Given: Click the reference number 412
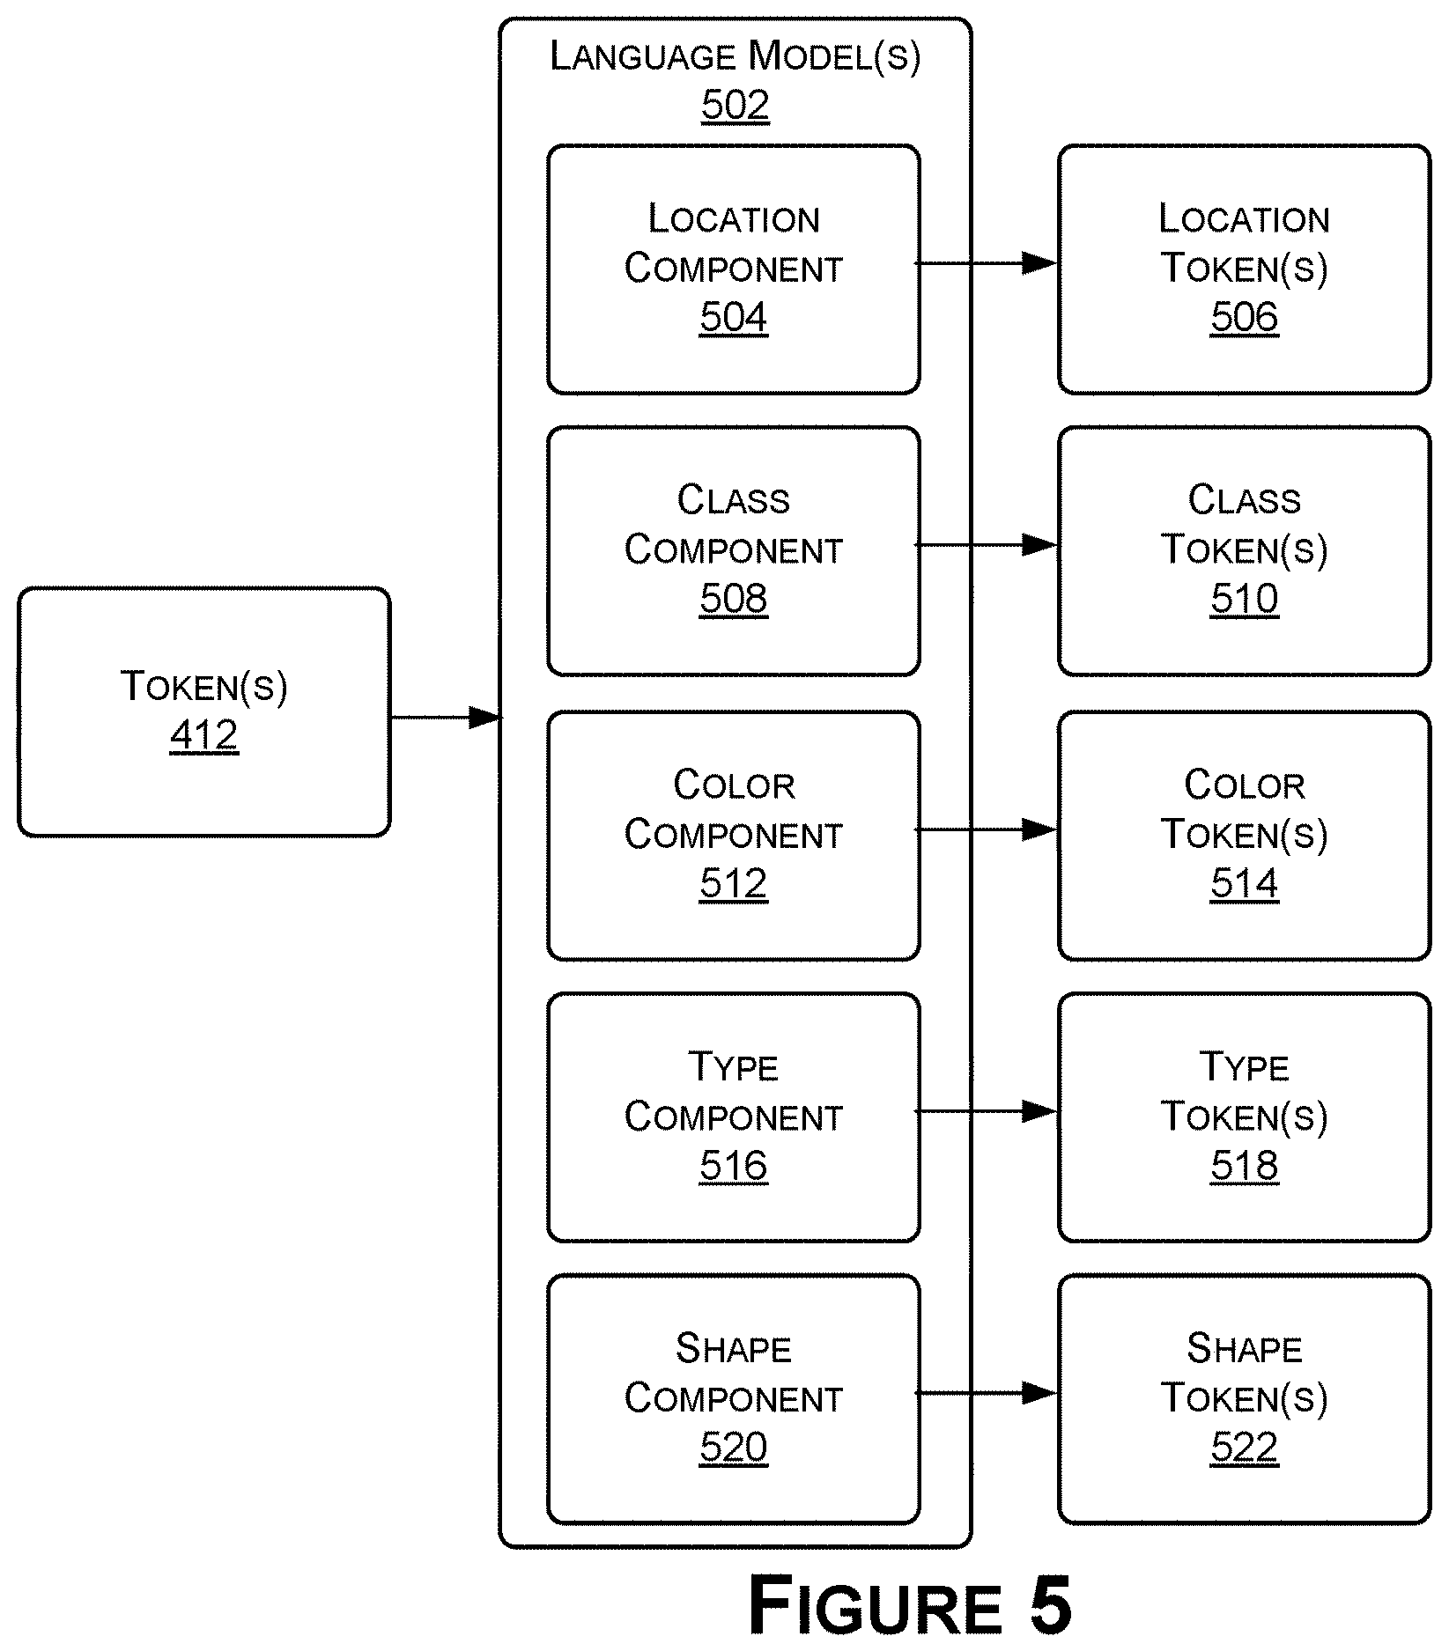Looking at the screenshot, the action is coord(203,735).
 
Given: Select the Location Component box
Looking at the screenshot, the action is coord(734,269).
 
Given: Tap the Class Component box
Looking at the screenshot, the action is coord(734,551).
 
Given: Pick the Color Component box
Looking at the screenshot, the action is coord(734,836).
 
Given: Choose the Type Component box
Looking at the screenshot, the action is coord(734,1117).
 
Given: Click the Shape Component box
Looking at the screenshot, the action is coord(734,1399).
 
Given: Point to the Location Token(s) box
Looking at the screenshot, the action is coord(1244,269).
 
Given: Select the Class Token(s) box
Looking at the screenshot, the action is coord(1244,551).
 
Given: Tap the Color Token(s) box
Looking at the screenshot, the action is coord(1244,836).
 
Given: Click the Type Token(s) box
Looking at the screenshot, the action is coord(1244,1117).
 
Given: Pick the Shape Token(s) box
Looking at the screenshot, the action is coord(1244,1399).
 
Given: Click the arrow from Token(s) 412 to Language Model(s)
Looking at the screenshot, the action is coord(446,718).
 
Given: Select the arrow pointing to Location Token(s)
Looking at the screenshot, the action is coord(987,262).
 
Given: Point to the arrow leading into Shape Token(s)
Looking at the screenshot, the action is coord(987,1393).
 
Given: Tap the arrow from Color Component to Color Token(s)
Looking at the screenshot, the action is coord(987,829).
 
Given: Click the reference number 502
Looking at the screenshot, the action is coord(736,106).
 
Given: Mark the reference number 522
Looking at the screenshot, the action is coord(1244,1448).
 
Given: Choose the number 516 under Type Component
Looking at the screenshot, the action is coord(734,1166).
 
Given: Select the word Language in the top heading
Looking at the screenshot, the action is coord(643,56).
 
